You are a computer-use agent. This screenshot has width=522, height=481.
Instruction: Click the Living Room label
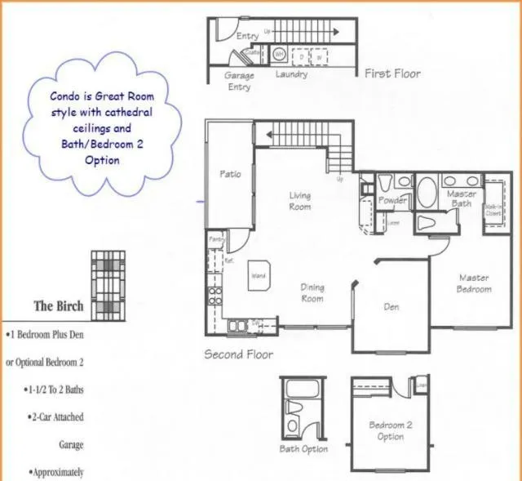click(299, 201)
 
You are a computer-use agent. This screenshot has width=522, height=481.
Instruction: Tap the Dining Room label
click(312, 292)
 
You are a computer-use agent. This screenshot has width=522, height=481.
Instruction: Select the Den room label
click(391, 308)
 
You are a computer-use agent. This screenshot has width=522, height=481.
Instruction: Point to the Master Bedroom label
click(473, 283)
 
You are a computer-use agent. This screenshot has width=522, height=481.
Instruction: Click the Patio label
click(230, 174)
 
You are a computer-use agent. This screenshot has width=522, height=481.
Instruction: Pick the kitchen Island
click(260, 276)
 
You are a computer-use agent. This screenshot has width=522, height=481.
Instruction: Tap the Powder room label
click(393, 200)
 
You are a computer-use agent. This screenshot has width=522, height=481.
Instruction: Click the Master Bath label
click(462, 198)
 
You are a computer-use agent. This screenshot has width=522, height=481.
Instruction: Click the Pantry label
click(216, 238)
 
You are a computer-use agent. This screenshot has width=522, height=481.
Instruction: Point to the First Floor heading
click(392, 73)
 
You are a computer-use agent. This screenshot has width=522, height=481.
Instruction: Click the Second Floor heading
click(238, 354)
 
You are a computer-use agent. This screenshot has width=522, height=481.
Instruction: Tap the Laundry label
click(291, 74)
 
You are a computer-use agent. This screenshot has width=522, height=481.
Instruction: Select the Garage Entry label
click(238, 80)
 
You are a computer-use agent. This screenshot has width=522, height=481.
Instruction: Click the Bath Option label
click(303, 449)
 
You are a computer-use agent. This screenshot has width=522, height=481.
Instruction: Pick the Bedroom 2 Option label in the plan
click(390, 430)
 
